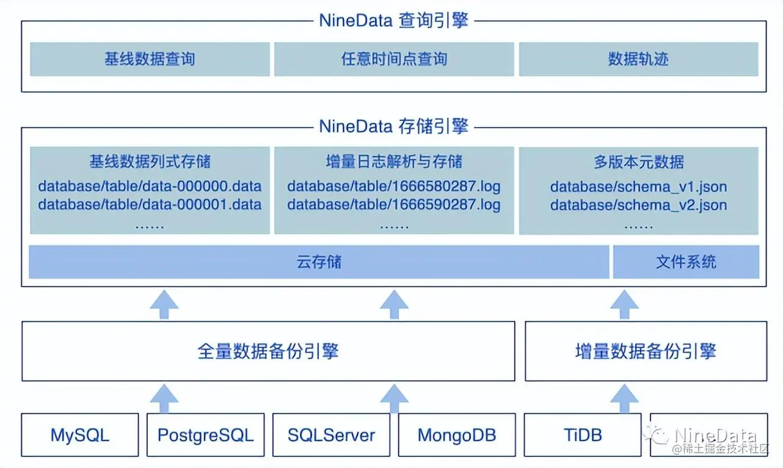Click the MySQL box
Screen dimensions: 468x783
[x=80, y=435]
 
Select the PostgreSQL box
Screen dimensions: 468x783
[x=205, y=435]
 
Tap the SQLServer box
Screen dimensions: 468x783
[x=331, y=435]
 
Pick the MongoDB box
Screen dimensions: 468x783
[x=457, y=435]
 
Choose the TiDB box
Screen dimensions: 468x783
[x=583, y=435]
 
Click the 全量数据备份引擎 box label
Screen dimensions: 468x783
[x=268, y=351]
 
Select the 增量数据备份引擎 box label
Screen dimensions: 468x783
[x=646, y=351]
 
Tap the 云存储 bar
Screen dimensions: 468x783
[x=319, y=262]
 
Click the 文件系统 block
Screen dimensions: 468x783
[x=686, y=262]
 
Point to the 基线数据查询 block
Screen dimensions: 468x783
[x=150, y=59]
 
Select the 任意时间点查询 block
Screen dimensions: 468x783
[x=394, y=59]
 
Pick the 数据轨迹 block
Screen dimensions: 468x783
[x=638, y=59]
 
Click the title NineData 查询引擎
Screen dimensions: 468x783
[x=394, y=21]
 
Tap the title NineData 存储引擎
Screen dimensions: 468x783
[x=394, y=126]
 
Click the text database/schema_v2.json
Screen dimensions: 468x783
[x=638, y=205]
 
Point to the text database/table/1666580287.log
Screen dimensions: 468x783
[x=394, y=186]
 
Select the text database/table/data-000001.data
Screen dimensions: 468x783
[x=150, y=205]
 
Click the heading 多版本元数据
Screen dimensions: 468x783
[x=638, y=162]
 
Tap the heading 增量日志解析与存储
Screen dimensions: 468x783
[x=394, y=162]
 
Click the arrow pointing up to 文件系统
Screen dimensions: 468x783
[x=624, y=304]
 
